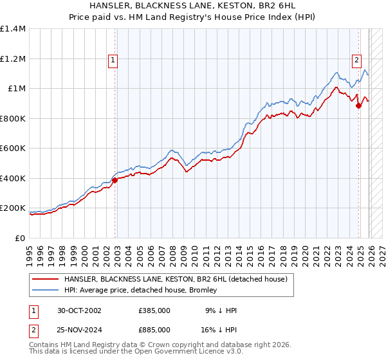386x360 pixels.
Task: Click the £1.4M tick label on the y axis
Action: coord(13,29)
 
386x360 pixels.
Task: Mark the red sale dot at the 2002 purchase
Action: coord(115,181)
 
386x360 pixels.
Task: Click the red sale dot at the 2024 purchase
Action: coord(358,106)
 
